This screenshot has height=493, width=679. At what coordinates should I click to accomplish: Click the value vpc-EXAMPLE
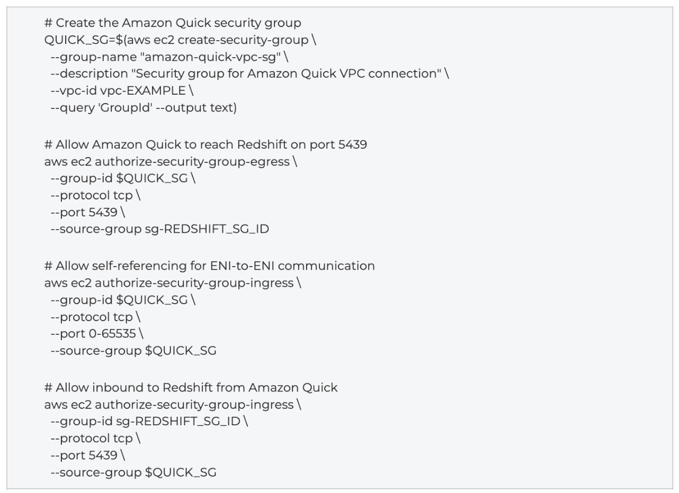tap(143, 91)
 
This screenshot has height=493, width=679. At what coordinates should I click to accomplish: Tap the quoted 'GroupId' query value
tap(125, 108)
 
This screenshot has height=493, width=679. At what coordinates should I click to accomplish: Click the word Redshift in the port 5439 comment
tap(262, 144)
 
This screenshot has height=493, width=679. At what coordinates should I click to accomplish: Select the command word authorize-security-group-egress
tap(192, 162)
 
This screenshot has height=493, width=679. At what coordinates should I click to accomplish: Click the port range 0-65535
tap(112, 334)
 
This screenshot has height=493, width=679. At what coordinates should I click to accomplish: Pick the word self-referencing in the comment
tap(139, 266)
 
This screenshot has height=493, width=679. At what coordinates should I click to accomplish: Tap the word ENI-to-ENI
tap(242, 266)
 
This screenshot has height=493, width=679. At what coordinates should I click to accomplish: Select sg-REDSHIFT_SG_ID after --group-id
tap(178, 422)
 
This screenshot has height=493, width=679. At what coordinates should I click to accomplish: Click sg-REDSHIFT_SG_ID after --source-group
tap(207, 229)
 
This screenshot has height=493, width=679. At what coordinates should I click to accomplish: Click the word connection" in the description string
tap(405, 74)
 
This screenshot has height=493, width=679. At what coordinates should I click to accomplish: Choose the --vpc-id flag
tap(74, 91)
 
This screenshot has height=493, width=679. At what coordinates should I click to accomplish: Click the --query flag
tap(73, 108)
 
